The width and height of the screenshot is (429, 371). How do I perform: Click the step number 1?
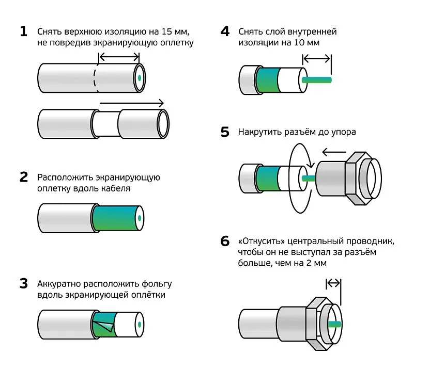coord(23,31)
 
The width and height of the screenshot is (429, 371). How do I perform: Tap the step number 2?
coord(23,178)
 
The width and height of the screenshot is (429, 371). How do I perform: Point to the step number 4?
coord(224,31)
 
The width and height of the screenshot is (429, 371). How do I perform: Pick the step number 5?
coord(224,132)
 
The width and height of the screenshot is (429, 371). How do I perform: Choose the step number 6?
coord(224,241)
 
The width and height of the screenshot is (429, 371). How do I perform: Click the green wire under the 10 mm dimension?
coord(316,80)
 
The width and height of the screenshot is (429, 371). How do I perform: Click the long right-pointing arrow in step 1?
coord(131,103)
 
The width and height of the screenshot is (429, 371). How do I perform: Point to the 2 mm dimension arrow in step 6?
coord(334,283)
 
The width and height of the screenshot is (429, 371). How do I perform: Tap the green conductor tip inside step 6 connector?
coord(334,324)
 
